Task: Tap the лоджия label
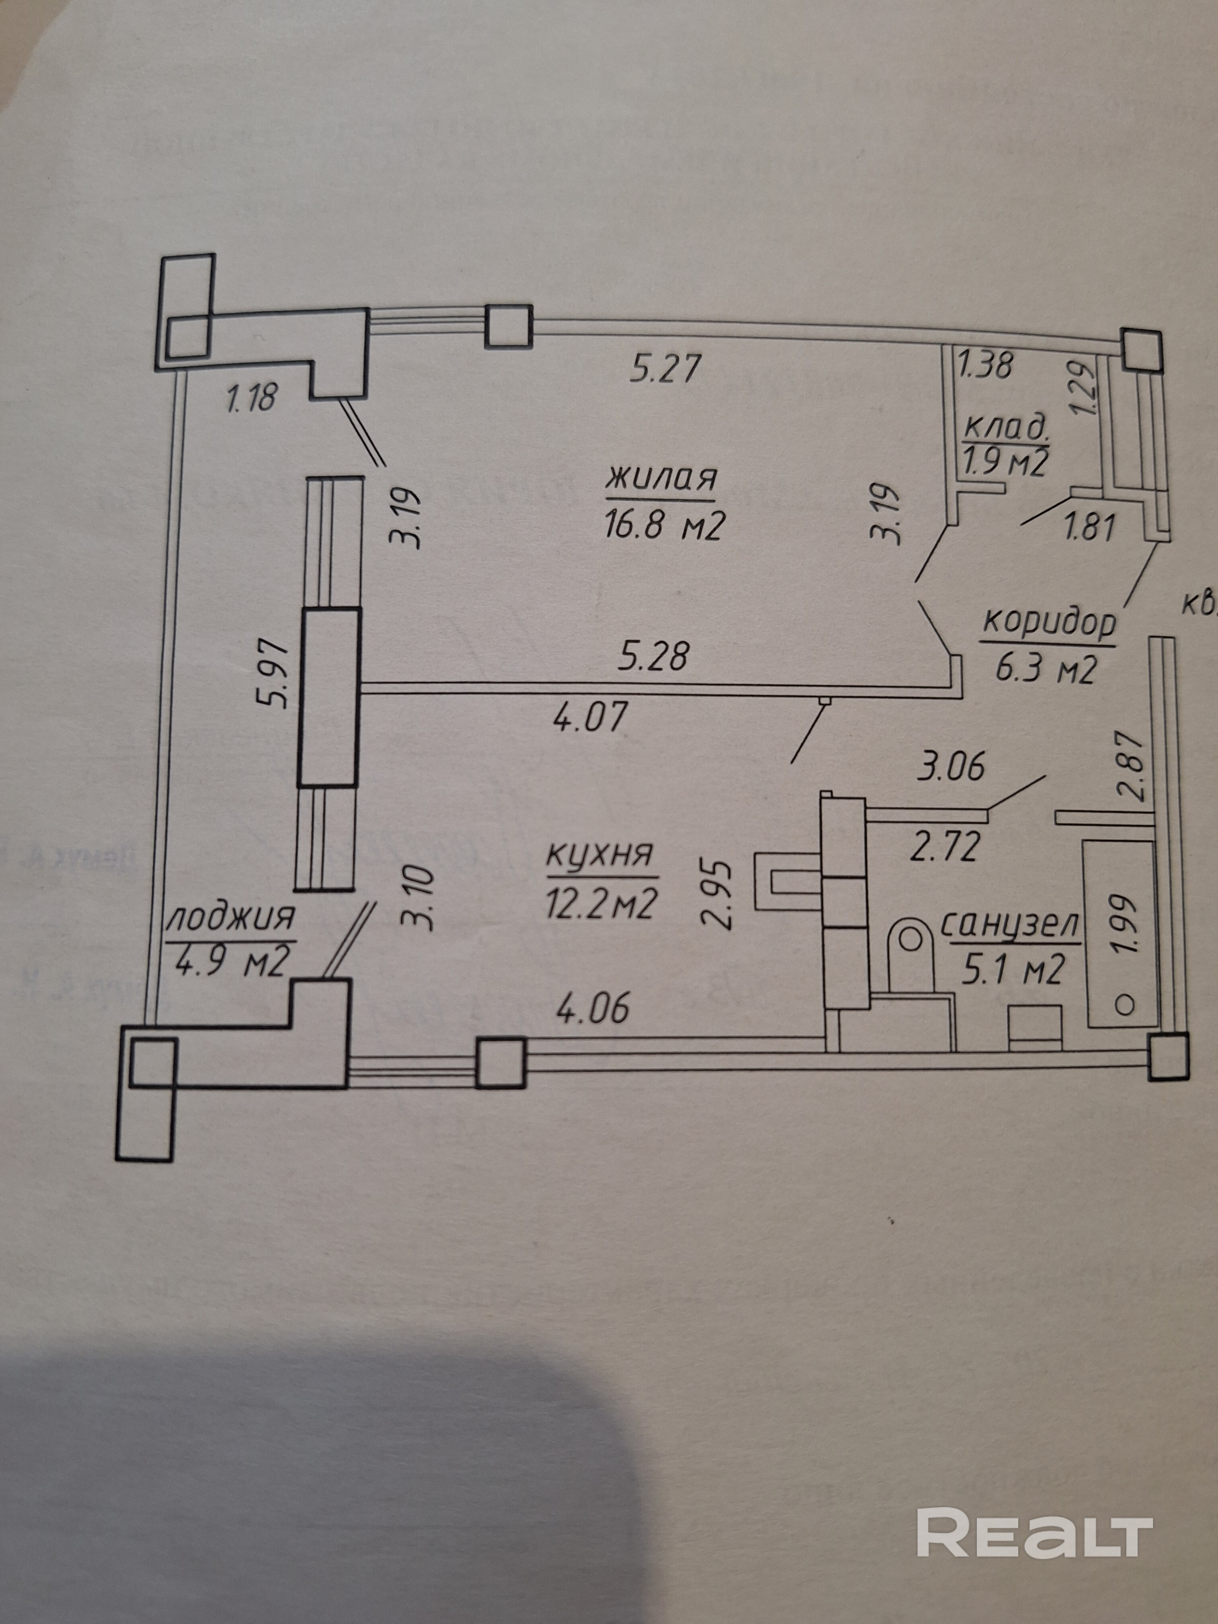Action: click(x=231, y=918)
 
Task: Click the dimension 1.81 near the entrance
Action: click(x=1089, y=527)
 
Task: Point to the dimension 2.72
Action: click(x=944, y=846)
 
